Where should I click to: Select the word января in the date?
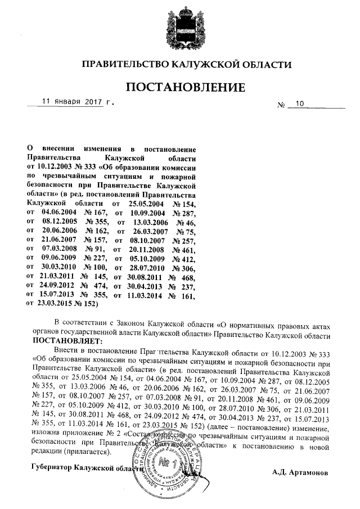click(x=68, y=102)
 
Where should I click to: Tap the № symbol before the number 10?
click(x=282, y=105)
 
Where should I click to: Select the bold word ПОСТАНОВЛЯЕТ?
click(x=67, y=341)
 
